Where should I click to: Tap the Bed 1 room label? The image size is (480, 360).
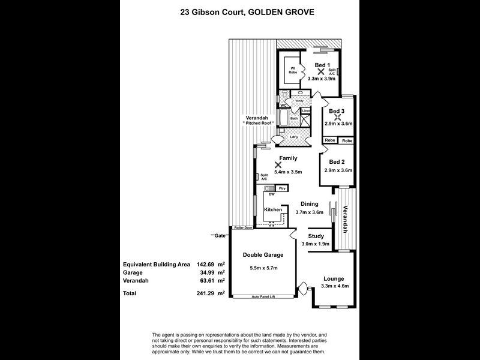point(322,65)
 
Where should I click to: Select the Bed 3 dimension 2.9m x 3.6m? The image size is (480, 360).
point(338,123)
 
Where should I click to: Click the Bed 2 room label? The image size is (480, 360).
point(337,162)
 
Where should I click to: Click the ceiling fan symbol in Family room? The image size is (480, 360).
point(277,164)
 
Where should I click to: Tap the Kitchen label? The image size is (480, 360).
point(274,209)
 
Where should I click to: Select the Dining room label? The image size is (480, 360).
point(310,203)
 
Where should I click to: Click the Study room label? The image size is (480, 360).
point(316,236)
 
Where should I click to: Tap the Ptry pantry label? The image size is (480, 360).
point(282,188)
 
